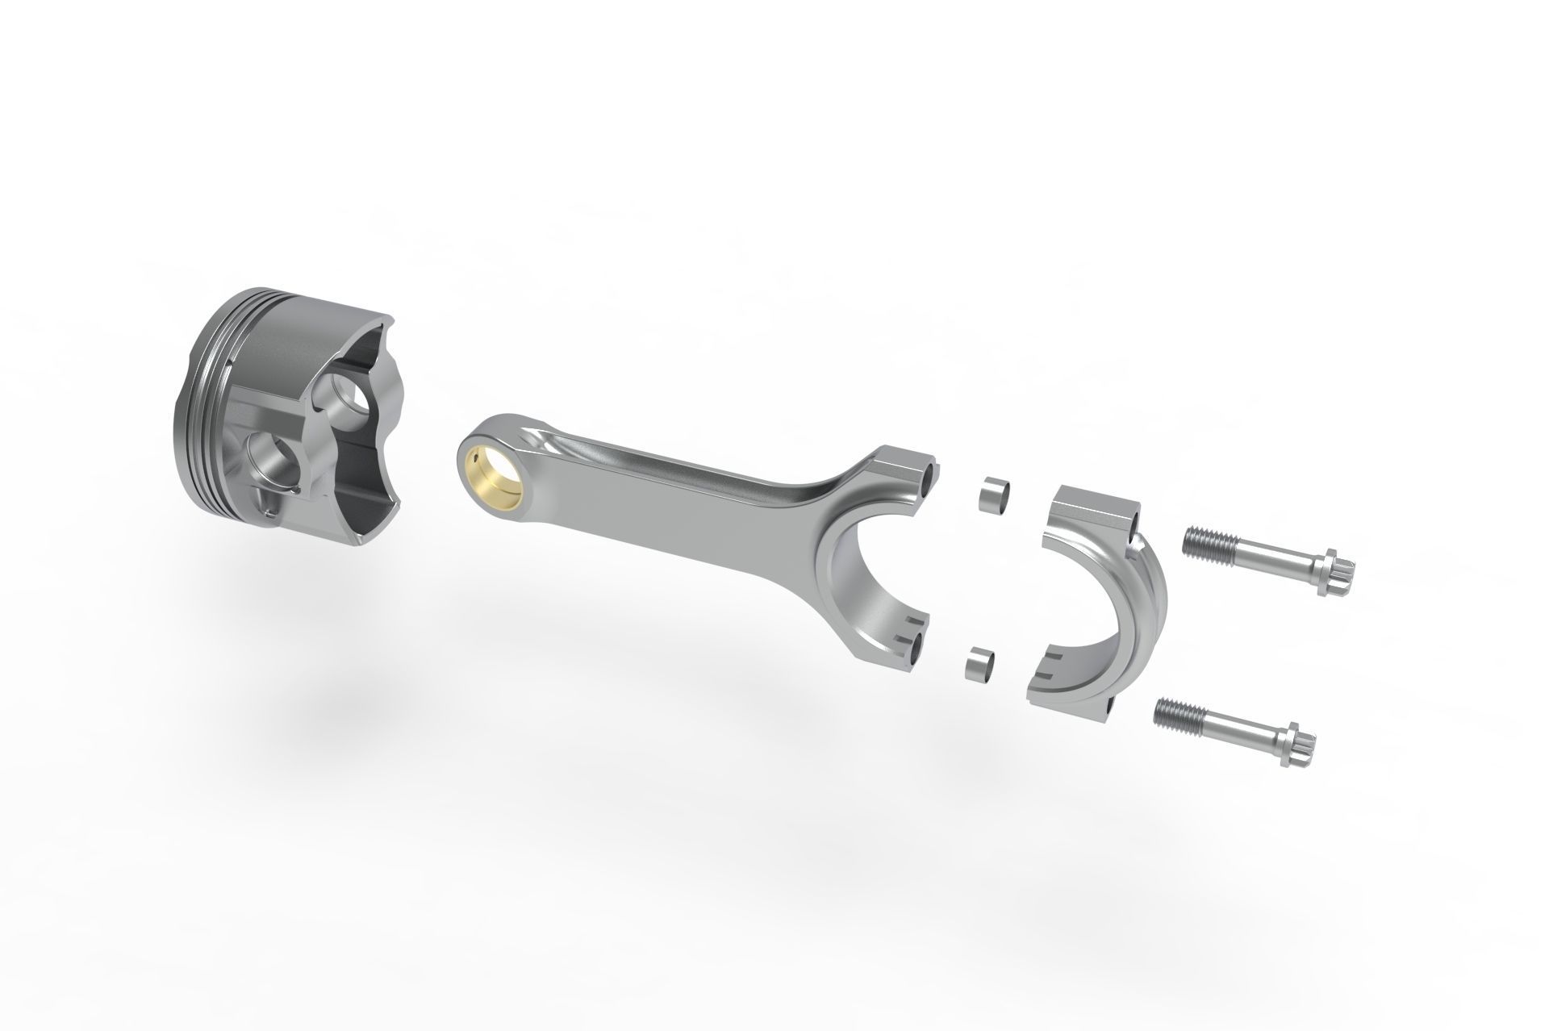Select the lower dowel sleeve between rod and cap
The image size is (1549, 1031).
979,666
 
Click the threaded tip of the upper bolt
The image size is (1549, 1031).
1200,542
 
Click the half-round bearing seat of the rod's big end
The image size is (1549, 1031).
855,565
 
